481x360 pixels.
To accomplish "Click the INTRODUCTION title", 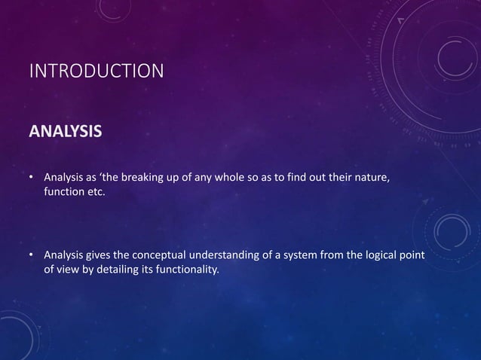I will point(95,72).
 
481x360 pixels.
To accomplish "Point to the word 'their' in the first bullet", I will point(336,178).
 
